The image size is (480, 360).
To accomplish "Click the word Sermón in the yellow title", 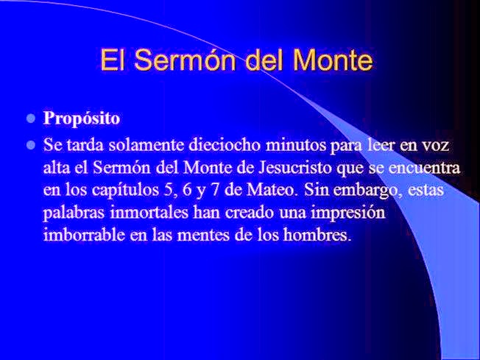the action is [185, 60].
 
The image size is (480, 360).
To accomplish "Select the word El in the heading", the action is [113, 60].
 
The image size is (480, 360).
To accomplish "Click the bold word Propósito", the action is [82, 119].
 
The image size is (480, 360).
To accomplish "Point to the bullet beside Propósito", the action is [31, 119].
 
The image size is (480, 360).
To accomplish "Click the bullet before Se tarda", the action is [31, 144].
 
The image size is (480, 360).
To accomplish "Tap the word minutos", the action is [296, 145].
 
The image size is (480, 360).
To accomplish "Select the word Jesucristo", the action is [295, 167].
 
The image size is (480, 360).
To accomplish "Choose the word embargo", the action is [367, 191].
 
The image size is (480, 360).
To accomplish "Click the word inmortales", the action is [149, 213].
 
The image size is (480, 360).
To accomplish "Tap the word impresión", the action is [348, 213].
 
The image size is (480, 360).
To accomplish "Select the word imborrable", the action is [84, 235].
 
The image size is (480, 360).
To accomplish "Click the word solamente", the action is [147, 145].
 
